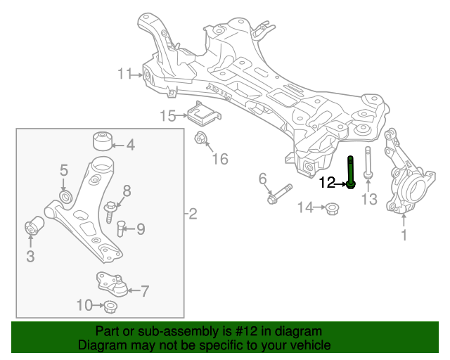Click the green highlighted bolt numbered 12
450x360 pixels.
click(x=351, y=172)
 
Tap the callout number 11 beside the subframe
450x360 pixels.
click(x=125, y=74)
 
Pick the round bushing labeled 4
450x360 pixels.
click(x=104, y=140)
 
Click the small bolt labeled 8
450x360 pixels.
click(x=111, y=208)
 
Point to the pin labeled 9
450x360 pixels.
click(x=121, y=228)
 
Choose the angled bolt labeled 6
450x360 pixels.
click(x=279, y=194)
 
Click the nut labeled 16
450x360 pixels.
click(x=200, y=137)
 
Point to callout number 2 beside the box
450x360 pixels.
click(x=193, y=214)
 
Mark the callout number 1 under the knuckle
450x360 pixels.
click(x=404, y=236)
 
